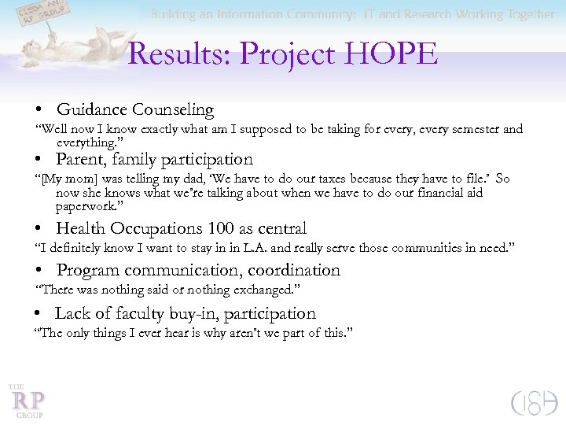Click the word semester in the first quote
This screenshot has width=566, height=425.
(469, 129)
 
